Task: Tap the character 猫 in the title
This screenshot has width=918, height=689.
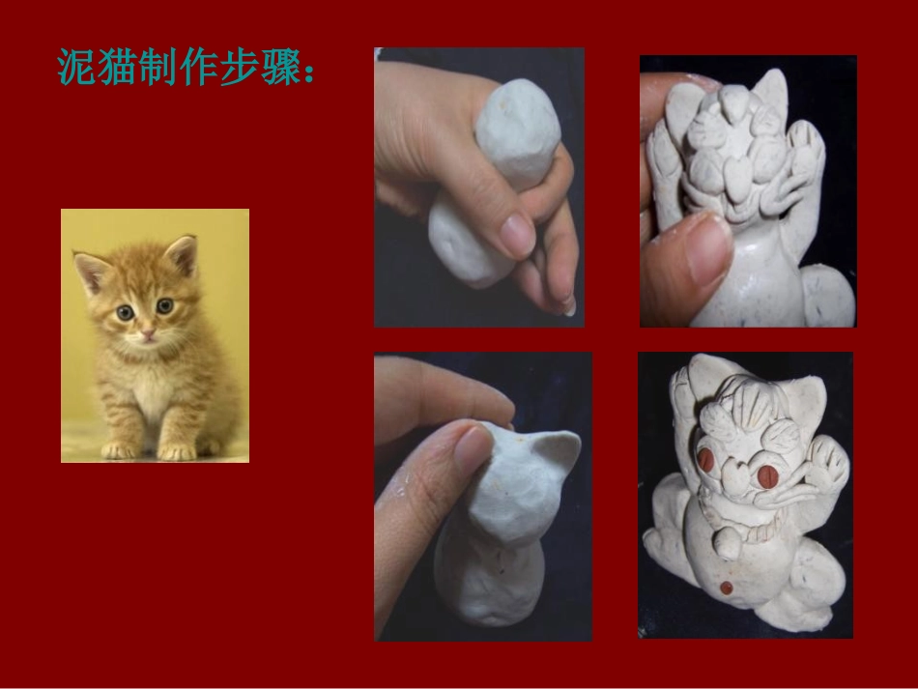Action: [117, 67]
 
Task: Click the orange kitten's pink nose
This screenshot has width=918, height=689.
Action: [147, 333]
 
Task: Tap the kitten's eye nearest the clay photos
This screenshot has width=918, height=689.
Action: [164, 306]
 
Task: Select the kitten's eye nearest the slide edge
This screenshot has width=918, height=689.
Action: [125, 312]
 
